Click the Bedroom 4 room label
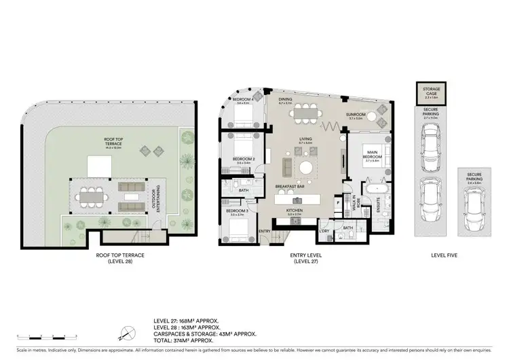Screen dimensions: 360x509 [242, 101]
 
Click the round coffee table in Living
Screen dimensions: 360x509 [307, 167]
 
